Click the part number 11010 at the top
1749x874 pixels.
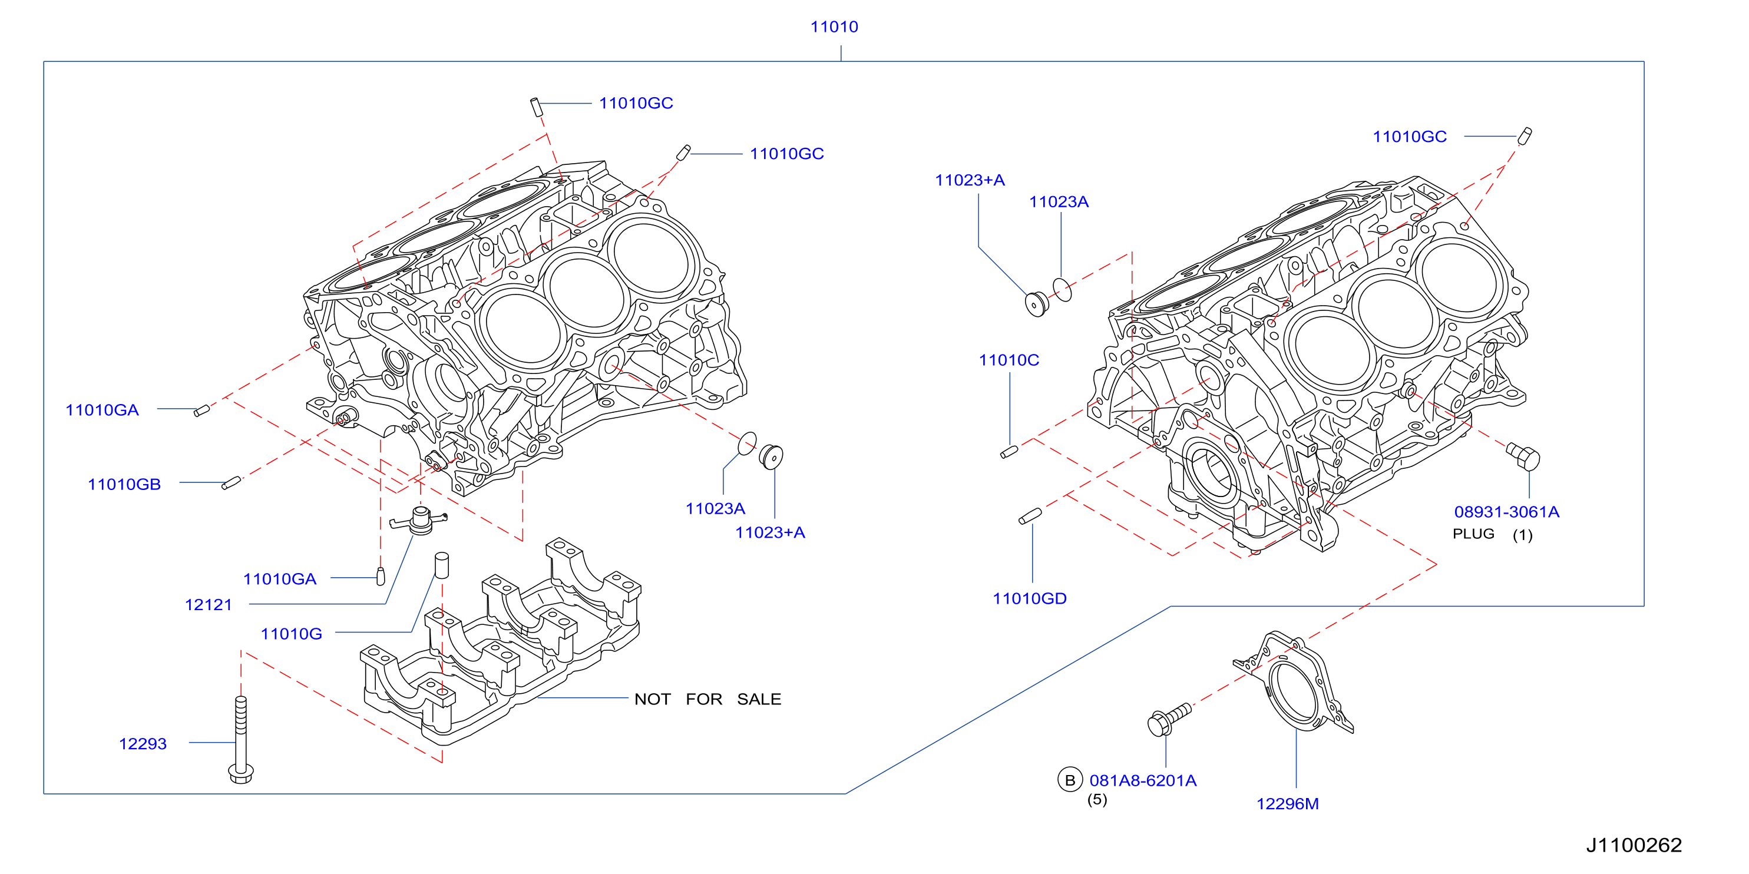point(834,27)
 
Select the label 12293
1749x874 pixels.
point(143,744)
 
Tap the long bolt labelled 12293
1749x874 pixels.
point(241,740)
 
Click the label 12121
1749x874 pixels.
point(209,605)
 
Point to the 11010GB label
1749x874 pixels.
point(124,485)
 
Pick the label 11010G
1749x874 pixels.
point(291,634)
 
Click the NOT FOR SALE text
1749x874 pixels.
point(707,699)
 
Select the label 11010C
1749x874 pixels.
point(1009,360)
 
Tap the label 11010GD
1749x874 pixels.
point(1029,598)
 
